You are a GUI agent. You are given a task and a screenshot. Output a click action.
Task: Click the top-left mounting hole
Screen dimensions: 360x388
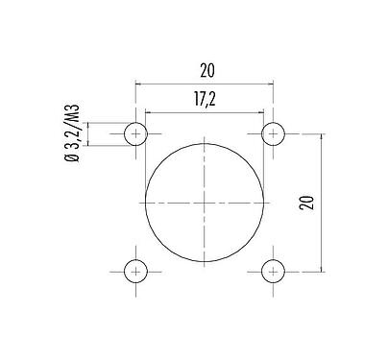(137, 133)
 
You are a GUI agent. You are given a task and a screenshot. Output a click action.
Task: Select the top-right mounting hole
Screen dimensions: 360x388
(275, 133)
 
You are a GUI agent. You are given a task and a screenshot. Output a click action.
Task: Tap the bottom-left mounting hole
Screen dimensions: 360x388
(137, 271)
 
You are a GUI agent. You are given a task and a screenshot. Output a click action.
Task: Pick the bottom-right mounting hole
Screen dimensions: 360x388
(275, 271)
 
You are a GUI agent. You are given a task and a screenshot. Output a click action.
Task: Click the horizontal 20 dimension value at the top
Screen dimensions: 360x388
(206, 69)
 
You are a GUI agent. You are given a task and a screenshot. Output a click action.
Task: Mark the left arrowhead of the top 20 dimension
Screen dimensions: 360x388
(140, 84)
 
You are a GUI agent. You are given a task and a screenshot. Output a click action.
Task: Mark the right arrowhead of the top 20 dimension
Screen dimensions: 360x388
(272, 84)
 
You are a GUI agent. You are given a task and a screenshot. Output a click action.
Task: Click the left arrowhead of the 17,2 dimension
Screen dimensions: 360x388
(149, 112)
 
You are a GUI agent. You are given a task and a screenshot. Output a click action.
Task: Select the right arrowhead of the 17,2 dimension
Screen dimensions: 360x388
(261, 112)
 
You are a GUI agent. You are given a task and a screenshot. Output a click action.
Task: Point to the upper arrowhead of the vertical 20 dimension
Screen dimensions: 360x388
(320, 137)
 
